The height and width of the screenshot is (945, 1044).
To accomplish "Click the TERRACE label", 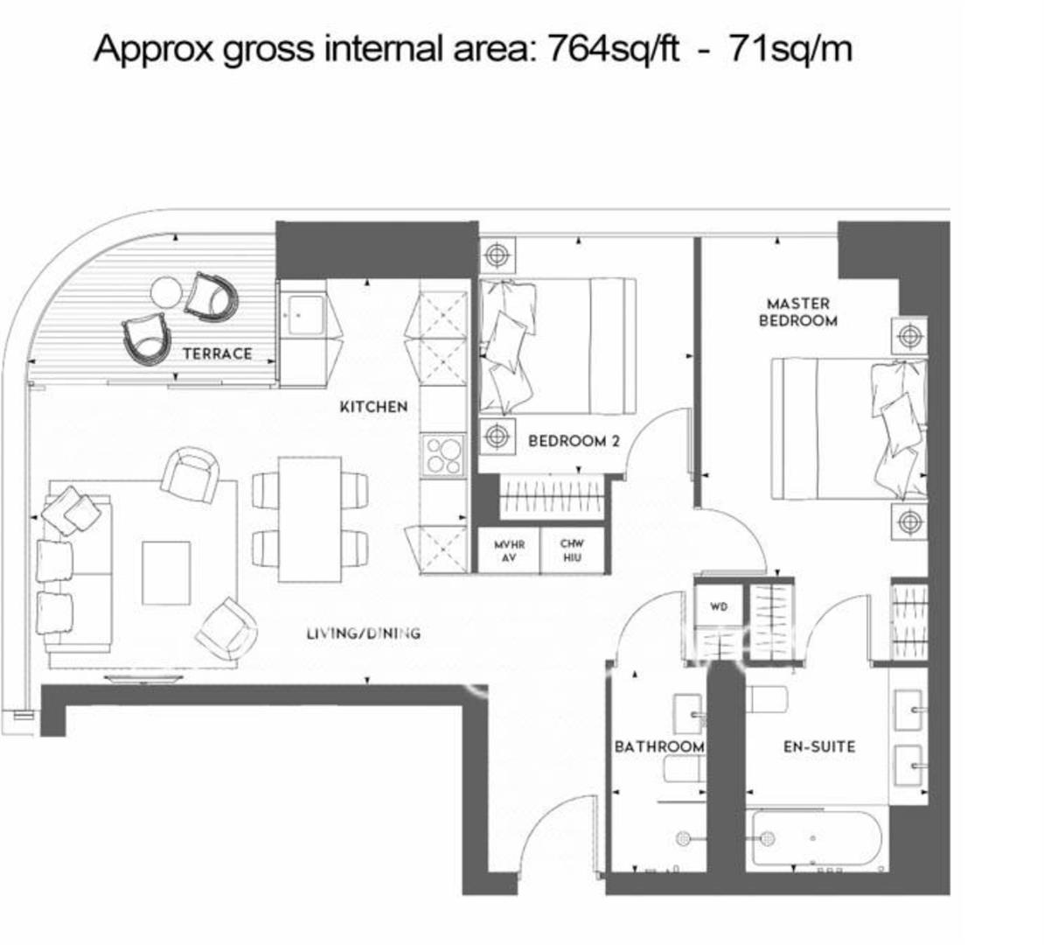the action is tap(218, 353).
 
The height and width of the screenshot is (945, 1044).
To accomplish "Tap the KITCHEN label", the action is tap(373, 407).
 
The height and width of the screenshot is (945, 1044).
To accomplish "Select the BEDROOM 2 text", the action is tap(574, 441).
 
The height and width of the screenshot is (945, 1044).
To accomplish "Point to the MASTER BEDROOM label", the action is tap(798, 311).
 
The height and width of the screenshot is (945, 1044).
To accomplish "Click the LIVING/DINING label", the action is tap(364, 633).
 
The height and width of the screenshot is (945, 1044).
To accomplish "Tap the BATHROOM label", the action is tap(659, 746).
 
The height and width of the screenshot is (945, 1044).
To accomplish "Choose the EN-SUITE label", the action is tap(819, 746).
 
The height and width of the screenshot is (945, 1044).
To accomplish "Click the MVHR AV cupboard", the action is tap(510, 550).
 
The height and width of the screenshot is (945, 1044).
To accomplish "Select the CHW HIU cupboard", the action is tap(572, 550).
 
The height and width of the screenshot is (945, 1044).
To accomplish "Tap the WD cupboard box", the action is tap(719, 605).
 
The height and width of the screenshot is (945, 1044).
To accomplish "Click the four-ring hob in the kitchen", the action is tap(442, 455).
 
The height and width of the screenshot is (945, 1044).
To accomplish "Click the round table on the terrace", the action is tap(166, 292).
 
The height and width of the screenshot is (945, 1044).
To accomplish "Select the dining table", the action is tap(310, 519).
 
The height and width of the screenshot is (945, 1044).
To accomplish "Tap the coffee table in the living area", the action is tap(166, 573).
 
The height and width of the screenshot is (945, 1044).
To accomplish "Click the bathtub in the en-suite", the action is tap(817, 838).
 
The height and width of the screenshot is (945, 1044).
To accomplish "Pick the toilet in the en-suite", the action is tap(766, 700).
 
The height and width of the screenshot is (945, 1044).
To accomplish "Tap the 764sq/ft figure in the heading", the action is tap(613, 49).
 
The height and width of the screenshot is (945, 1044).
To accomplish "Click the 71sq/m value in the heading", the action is tap(791, 49).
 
